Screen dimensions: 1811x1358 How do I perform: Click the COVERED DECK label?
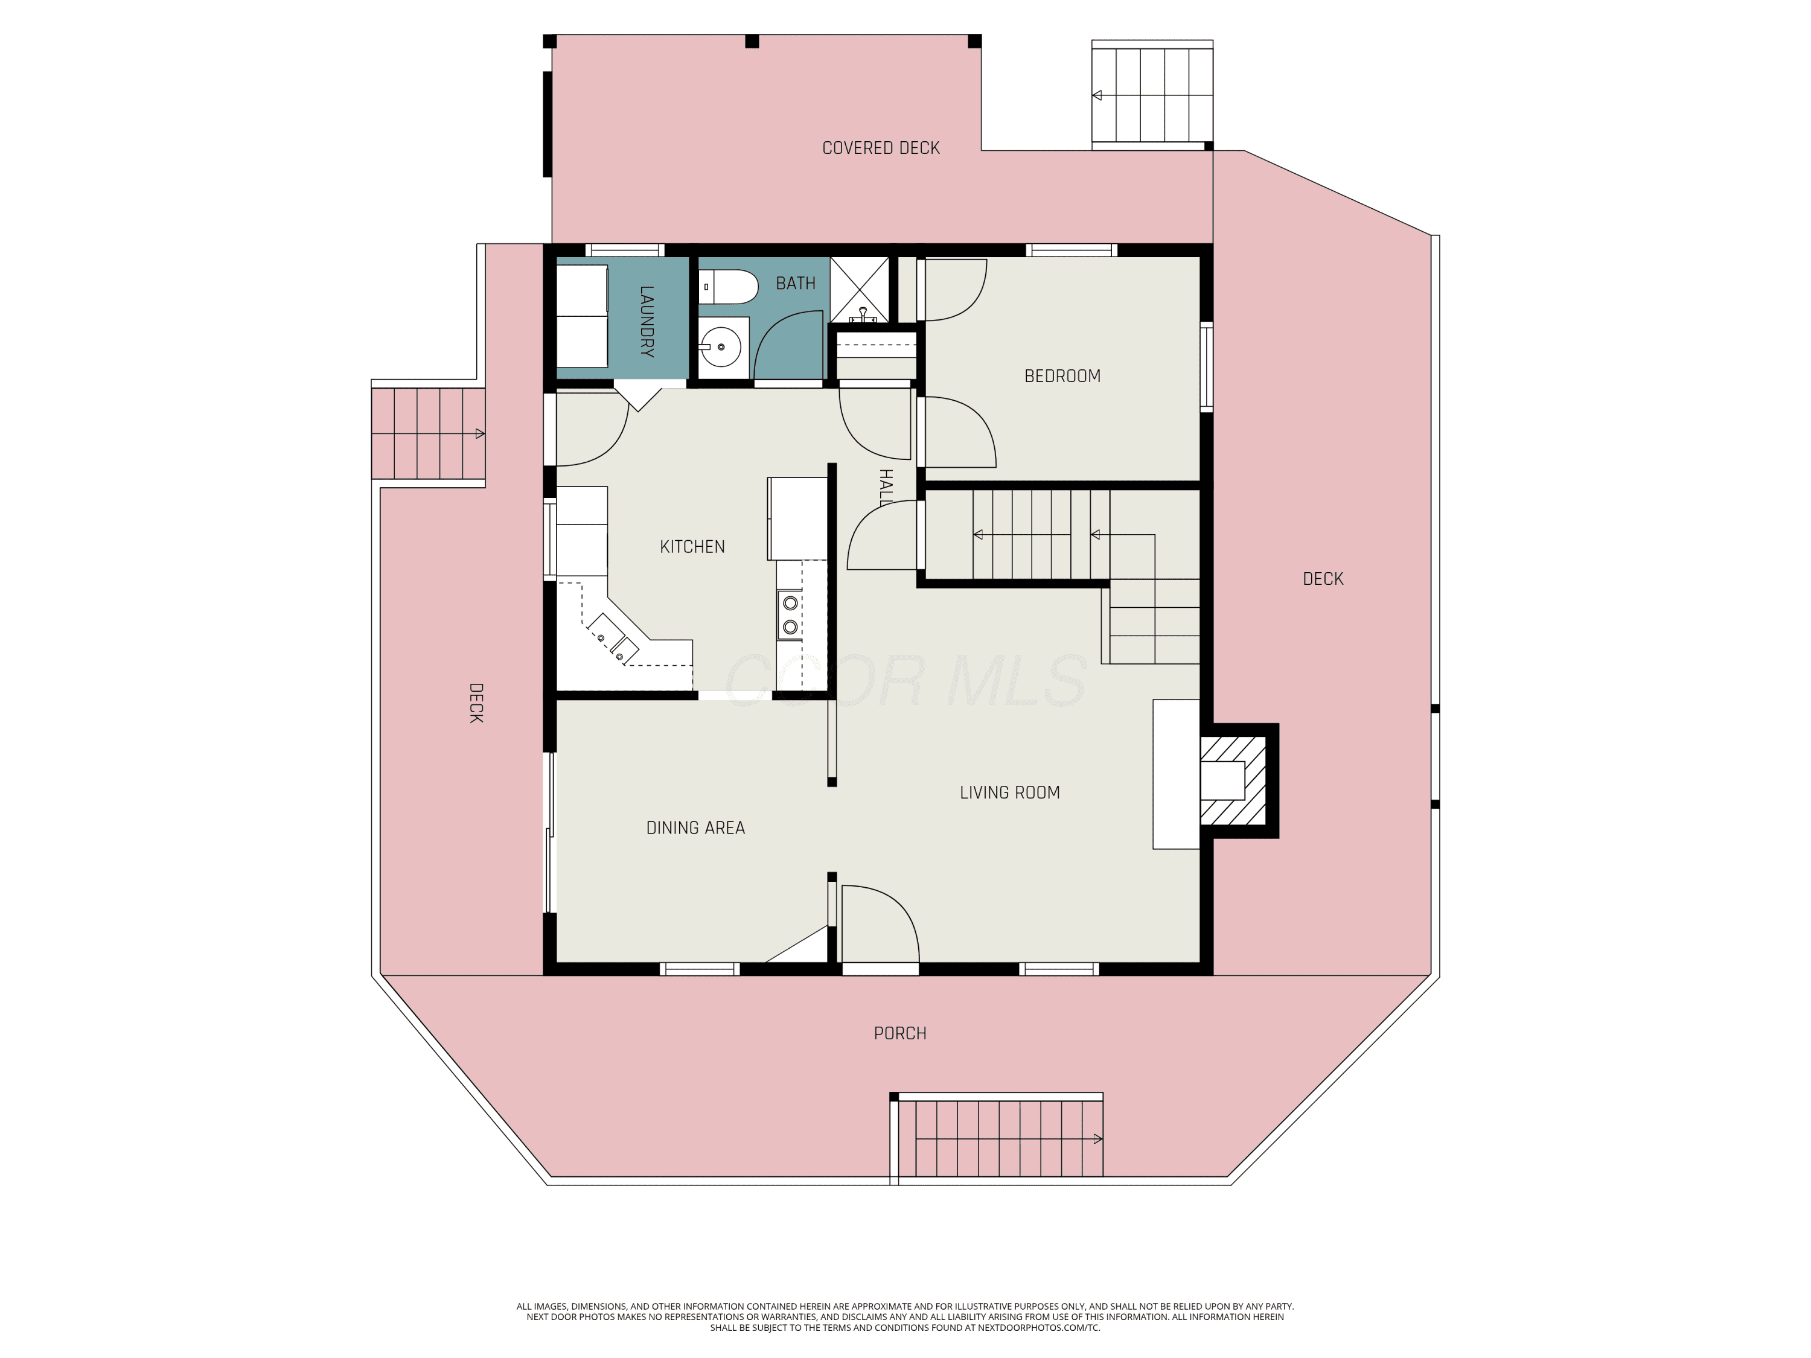(x=881, y=148)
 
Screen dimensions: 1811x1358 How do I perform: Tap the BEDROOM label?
(x=1062, y=376)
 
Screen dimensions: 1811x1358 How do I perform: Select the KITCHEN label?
(x=692, y=547)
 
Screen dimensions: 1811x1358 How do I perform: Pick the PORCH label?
(x=900, y=1033)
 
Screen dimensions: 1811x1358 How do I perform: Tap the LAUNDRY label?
(x=647, y=321)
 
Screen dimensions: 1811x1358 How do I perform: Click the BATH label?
(x=795, y=283)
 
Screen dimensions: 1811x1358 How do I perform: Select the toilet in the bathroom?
(x=729, y=287)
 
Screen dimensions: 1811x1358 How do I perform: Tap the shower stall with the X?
(x=860, y=289)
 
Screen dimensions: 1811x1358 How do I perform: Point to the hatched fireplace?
(x=1233, y=780)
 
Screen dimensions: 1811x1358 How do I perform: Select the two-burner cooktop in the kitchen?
(x=789, y=615)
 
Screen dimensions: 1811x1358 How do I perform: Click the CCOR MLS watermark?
(x=905, y=680)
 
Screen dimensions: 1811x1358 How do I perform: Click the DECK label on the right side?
(x=1323, y=579)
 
